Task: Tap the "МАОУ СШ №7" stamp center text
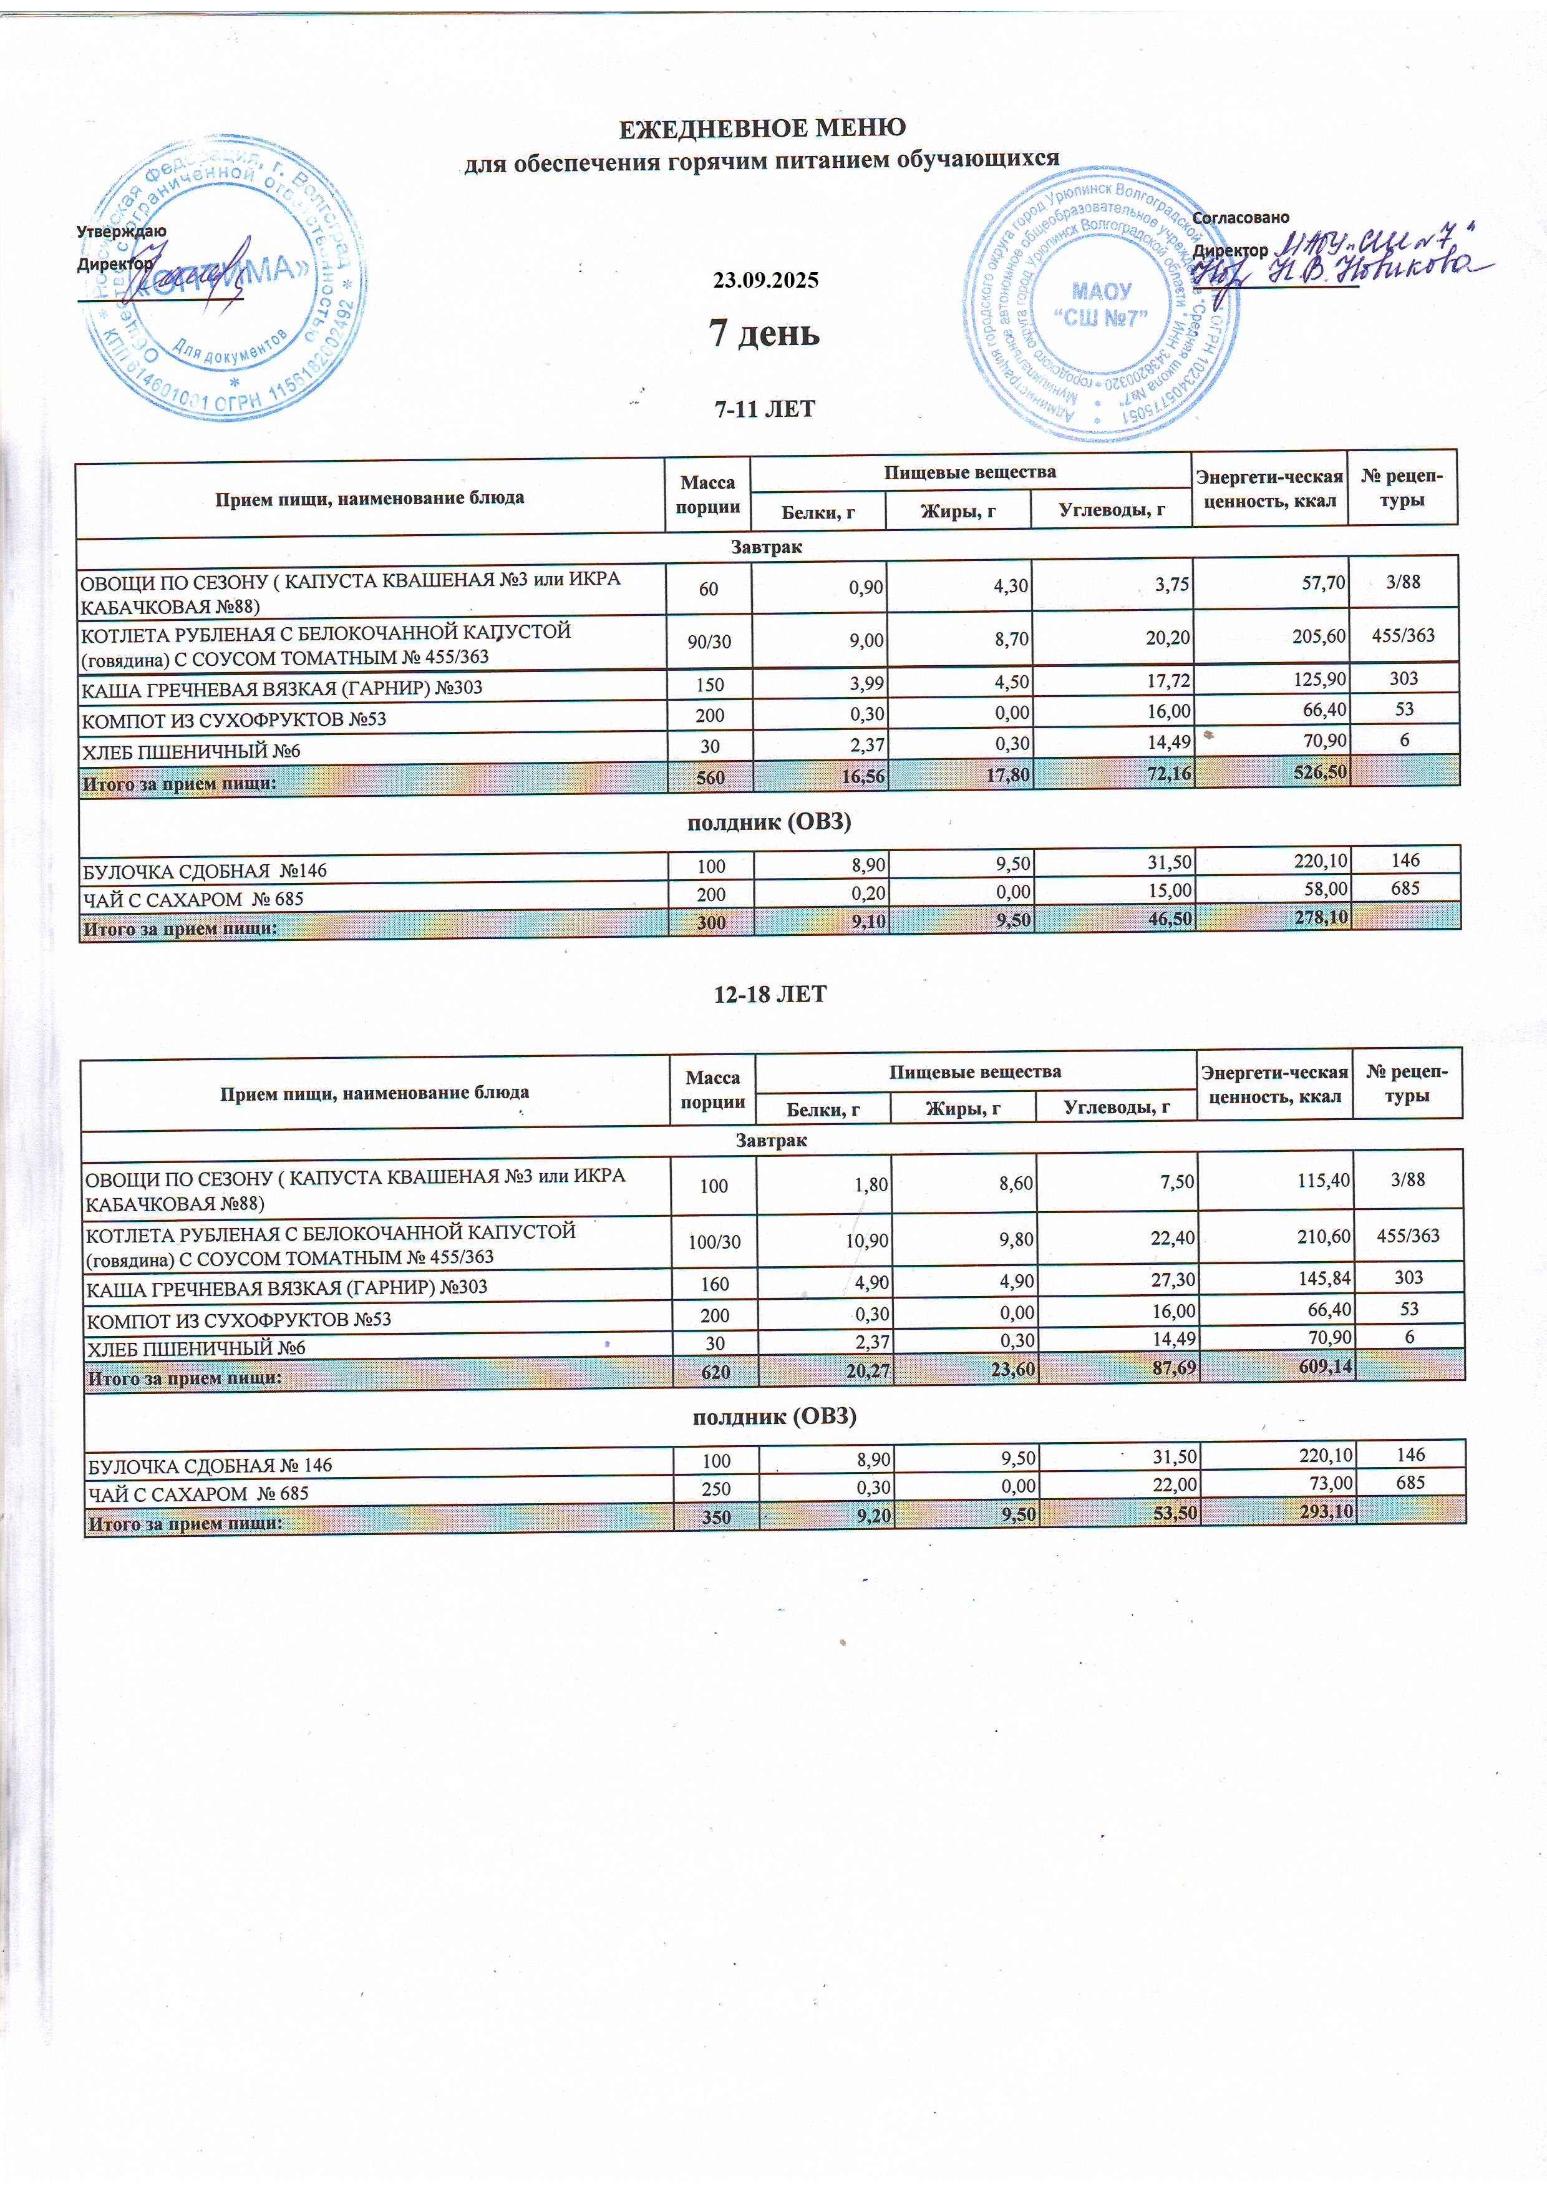tap(1101, 304)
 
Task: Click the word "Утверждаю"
tap(121, 232)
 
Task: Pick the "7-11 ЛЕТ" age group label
tap(764, 409)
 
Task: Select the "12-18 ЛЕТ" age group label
tap(770, 995)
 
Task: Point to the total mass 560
tap(710, 777)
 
